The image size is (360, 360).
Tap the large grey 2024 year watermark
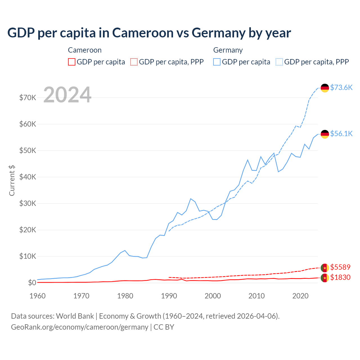click(x=67, y=95)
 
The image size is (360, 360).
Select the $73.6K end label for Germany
click(x=341, y=87)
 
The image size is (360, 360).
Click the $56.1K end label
click(x=341, y=134)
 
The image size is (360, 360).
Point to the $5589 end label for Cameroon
click(x=340, y=267)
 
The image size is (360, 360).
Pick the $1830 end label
click(x=340, y=277)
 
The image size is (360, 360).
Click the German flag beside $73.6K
click(x=325, y=88)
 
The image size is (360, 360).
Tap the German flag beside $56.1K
click(x=325, y=134)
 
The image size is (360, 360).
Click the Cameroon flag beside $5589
click(x=325, y=268)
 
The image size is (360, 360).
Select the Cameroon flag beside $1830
click(x=325, y=278)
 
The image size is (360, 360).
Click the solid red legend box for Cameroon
click(x=72, y=62)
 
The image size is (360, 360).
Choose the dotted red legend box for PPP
click(x=134, y=62)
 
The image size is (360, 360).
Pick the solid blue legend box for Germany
click(x=217, y=62)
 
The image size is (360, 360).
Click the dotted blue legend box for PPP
click(x=279, y=62)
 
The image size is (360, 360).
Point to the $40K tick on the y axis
click(x=28, y=177)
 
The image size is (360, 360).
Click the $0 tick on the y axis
click(x=32, y=283)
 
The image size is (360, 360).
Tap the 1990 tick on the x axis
click(x=169, y=296)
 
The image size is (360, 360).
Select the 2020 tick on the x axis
click(x=300, y=296)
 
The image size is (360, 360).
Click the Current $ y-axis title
click(x=12, y=181)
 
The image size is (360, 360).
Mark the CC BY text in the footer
click(x=164, y=327)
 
